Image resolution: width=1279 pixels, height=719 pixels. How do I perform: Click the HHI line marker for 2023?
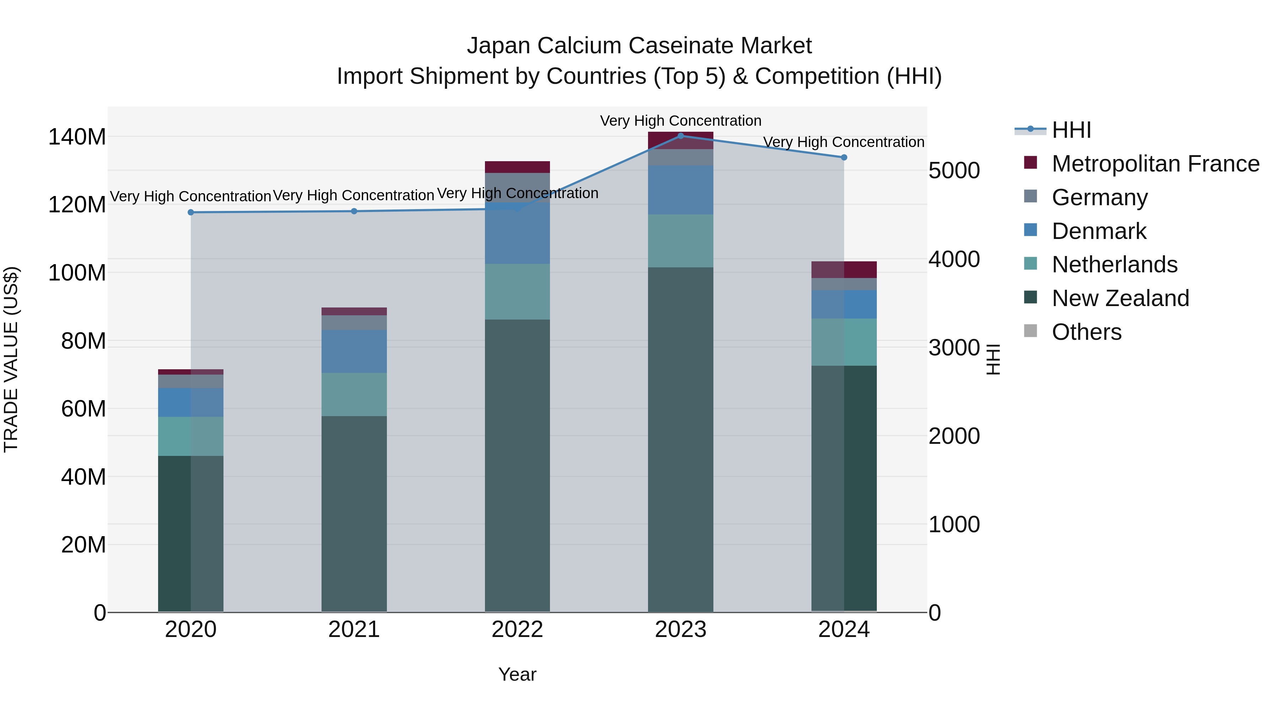pyautogui.click(x=681, y=136)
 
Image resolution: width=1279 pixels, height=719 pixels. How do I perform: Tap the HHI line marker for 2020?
pyautogui.click(x=191, y=212)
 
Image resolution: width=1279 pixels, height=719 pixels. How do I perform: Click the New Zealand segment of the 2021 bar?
pyautogui.click(x=354, y=513)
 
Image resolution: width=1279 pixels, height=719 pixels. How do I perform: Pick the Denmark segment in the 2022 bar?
pyautogui.click(x=517, y=233)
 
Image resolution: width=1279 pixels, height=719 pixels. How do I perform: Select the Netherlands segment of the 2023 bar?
pyautogui.click(x=681, y=241)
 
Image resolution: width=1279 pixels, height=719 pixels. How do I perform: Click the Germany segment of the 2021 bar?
pyautogui.click(x=354, y=322)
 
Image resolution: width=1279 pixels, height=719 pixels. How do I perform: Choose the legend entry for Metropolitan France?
pyautogui.click(x=1155, y=164)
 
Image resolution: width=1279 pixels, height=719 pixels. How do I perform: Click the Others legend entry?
pyautogui.click(x=1086, y=332)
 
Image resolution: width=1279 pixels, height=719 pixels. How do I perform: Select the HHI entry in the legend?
pyautogui.click(x=1071, y=130)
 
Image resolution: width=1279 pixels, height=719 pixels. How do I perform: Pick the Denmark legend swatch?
pyautogui.click(x=1031, y=230)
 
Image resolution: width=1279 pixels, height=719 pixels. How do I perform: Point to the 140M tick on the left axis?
pyautogui.click(x=77, y=137)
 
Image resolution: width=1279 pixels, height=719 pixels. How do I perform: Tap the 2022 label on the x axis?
pyautogui.click(x=517, y=630)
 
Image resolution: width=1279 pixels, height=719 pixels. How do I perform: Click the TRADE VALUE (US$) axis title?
pyautogui.click(x=11, y=359)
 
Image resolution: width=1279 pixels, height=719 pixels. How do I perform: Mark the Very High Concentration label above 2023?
pyautogui.click(x=681, y=121)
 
